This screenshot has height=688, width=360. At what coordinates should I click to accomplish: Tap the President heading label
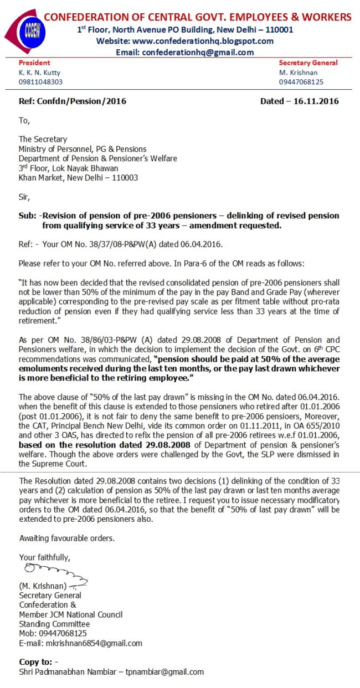(x=34, y=63)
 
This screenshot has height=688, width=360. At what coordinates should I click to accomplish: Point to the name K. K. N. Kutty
(x=40, y=73)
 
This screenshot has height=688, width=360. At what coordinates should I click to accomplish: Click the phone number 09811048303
(x=40, y=82)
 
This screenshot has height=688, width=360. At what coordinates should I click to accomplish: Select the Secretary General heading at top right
(x=308, y=63)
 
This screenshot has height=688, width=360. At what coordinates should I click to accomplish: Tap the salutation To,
(x=24, y=120)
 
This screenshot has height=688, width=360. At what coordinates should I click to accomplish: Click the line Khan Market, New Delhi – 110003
(x=78, y=178)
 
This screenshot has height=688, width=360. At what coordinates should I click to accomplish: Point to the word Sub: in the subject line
(x=28, y=215)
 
